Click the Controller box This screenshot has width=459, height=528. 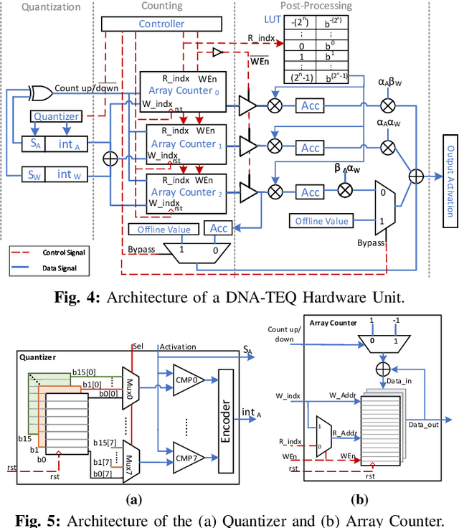tap(161, 24)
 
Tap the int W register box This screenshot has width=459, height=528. tap(65, 174)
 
